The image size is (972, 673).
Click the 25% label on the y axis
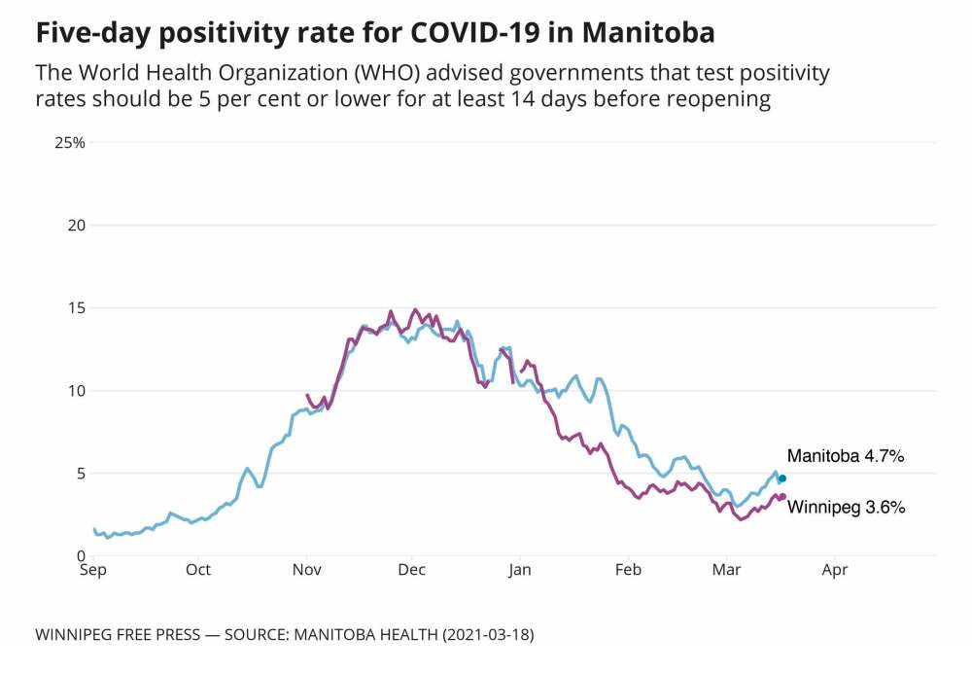tap(70, 143)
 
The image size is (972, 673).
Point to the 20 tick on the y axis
tap(76, 226)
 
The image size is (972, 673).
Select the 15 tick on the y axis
tap(76, 308)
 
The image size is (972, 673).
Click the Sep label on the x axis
tap(92, 570)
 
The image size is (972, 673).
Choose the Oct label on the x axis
tap(198, 570)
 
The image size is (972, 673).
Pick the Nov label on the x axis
tap(307, 570)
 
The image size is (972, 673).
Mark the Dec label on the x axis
tap(412, 570)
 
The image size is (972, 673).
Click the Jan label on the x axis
tap(520, 570)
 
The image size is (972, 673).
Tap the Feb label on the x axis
tap(628, 570)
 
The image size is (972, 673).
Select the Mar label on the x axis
tap(726, 570)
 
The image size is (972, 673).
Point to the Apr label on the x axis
tap(834, 570)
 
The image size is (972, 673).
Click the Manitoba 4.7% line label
tap(846, 455)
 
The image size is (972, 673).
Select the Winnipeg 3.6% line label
tap(846, 507)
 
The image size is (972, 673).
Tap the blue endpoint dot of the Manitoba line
tap(782, 478)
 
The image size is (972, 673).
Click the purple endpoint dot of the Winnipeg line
tap(782, 497)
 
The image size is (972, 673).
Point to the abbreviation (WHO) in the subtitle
tap(334, 74)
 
